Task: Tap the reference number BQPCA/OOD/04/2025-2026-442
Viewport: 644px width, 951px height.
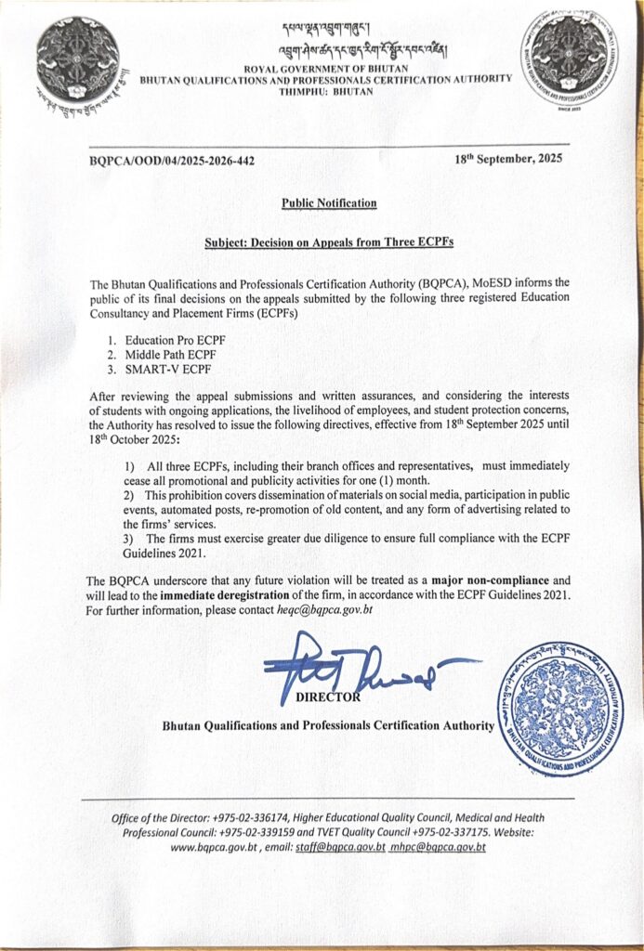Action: click(x=172, y=161)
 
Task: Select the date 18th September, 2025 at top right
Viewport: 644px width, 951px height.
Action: click(x=508, y=159)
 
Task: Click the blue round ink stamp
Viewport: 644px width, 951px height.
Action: click(x=560, y=708)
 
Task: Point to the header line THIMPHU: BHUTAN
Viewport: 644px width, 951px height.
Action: click(x=324, y=91)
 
